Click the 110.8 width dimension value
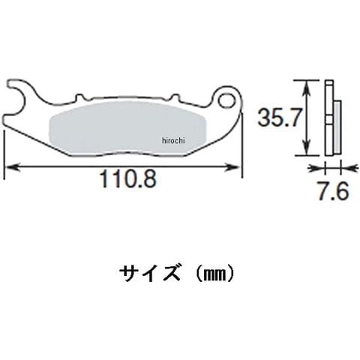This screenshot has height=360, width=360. tap(128, 179)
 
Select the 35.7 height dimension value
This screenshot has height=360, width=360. tap(278, 118)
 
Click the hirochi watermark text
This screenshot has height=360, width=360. tap(173, 141)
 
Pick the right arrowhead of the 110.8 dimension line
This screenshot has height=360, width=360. tap(233, 167)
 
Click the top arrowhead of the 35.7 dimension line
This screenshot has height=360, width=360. tap(307, 88)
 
